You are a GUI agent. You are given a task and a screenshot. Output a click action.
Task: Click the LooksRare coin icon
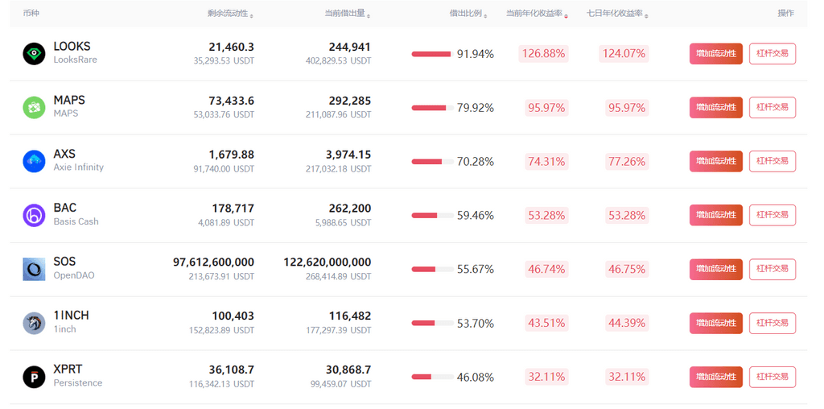34,54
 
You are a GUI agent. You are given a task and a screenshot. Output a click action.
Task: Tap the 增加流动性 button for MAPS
715,108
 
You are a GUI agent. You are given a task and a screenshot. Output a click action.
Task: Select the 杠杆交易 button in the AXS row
772,161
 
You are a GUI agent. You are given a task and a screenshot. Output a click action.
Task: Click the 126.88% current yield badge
544,54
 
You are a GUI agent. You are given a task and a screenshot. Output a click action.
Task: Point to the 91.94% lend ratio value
475,54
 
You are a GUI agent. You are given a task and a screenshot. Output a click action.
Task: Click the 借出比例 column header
466,14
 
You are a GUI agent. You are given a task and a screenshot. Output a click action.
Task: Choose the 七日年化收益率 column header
616,14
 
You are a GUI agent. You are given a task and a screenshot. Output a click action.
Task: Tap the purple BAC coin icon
34,215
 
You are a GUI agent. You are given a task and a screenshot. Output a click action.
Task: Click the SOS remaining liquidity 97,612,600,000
213,262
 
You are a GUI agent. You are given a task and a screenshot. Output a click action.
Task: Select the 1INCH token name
71,316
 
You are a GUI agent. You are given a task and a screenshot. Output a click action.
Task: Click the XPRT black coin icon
34,377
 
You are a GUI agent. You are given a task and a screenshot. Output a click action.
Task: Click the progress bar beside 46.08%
432,377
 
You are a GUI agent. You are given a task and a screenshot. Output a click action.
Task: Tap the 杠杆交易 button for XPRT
772,377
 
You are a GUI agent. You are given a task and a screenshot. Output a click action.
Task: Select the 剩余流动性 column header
228,14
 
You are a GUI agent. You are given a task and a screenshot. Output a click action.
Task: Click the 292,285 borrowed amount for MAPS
350,101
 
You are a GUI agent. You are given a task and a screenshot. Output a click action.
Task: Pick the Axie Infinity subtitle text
78,167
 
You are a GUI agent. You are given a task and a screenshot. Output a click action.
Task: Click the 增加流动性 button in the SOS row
715,269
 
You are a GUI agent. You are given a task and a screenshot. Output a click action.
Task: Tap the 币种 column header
31,14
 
